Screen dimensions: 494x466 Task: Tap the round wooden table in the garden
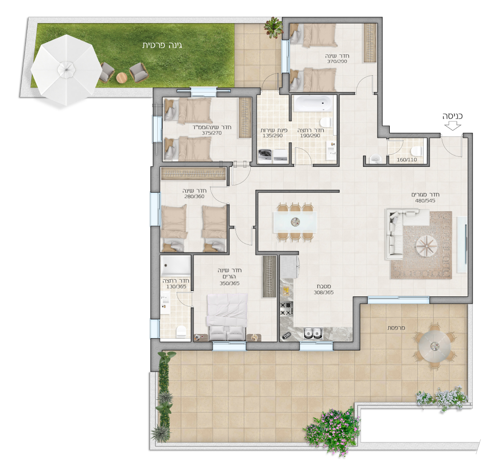point(121,78)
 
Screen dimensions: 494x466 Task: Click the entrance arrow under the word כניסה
point(453,126)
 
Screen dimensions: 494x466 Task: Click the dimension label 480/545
point(425,200)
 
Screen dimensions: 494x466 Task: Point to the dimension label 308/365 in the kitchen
point(324,292)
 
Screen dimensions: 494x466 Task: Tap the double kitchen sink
point(313,333)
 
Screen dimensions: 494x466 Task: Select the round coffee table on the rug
point(426,246)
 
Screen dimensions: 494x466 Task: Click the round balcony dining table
point(435,345)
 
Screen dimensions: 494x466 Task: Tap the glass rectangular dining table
point(295,222)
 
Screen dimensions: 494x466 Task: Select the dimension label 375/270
point(212,133)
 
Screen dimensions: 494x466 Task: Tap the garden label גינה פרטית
point(162,45)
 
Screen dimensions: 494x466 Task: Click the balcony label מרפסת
point(396,328)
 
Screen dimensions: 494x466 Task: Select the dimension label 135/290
point(273,136)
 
